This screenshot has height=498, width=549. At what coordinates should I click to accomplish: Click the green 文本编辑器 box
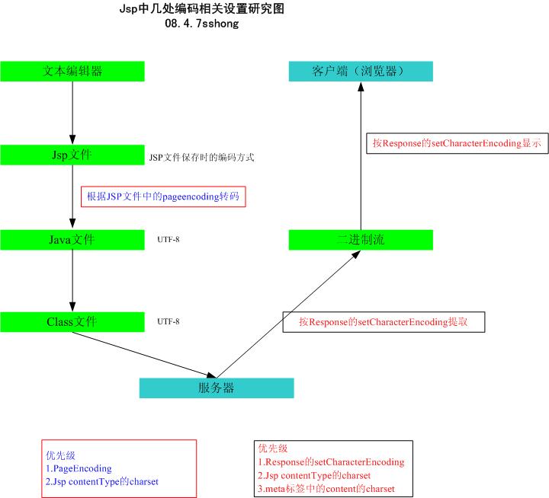(72, 72)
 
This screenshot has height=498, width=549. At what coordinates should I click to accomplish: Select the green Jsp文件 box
(72, 155)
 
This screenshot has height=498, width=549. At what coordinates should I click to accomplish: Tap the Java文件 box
(72, 240)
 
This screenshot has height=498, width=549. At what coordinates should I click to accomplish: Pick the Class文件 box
(72, 322)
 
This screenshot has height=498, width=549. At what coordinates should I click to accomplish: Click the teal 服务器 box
(217, 388)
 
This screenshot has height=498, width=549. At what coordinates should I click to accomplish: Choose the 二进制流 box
(361, 240)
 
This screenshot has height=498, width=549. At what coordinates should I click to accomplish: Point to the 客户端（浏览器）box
(361, 72)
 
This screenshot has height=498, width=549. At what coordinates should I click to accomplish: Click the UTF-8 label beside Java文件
(169, 240)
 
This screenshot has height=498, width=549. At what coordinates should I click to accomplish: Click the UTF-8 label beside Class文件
(169, 321)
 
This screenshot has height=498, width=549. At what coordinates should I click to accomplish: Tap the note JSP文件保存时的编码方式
(201, 158)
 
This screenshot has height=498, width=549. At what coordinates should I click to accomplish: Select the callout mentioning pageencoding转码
(163, 196)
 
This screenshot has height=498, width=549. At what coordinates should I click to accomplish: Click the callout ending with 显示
(457, 143)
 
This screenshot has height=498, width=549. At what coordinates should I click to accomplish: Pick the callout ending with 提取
(384, 322)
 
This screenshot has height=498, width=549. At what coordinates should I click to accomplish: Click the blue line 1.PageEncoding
(79, 468)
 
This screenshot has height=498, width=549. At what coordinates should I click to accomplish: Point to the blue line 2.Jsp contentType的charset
(102, 481)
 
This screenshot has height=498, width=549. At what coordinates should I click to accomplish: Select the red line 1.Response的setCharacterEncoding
(331, 462)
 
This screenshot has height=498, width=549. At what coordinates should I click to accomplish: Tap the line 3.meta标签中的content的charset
(326, 489)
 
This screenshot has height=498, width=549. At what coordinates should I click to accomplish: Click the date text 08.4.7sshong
(201, 24)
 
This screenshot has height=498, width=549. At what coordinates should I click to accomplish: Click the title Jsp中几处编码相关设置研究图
(201, 8)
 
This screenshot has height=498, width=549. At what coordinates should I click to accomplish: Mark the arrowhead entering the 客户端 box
(361, 86)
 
